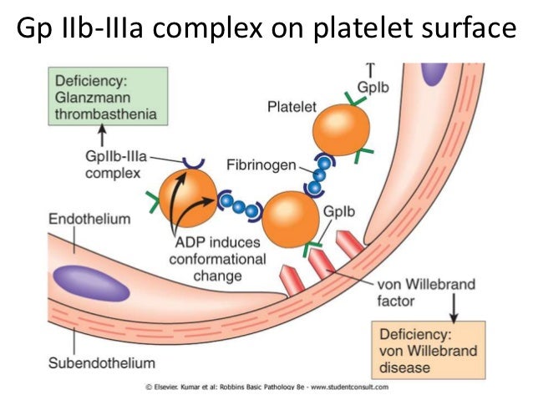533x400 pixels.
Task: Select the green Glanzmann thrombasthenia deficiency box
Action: (99, 98)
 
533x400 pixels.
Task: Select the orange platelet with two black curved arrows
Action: (185, 197)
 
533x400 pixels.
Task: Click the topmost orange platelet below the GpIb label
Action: (341, 130)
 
